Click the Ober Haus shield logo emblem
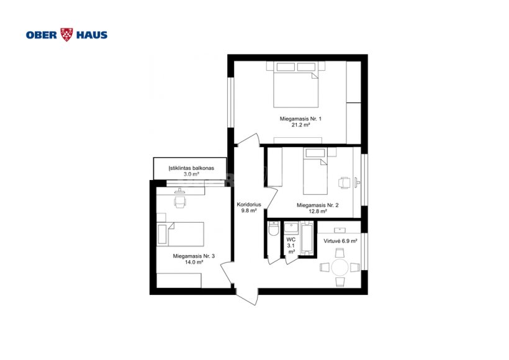67,35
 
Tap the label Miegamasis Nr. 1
300,119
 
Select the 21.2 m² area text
300,125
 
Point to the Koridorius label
249,204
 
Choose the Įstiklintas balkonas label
191,168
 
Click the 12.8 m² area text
317,211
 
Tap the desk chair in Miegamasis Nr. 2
344,182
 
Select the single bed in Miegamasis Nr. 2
315,171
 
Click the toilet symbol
274,228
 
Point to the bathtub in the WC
307,237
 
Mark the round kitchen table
340,267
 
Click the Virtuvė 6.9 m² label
340,241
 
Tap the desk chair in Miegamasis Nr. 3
180,202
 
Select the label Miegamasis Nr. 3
194,256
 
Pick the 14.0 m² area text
194,263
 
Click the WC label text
291,240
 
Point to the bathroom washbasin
291,228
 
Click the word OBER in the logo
42,35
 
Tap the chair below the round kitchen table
340,282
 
